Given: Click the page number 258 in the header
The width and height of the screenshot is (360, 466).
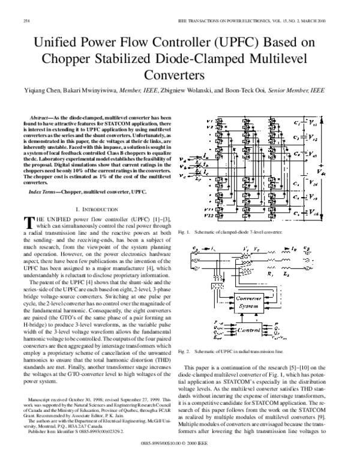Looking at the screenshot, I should pyautogui.click(x=26, y=21).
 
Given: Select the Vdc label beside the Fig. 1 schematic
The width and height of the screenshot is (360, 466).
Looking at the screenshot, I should pyautogui.click(x=322, y=174).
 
